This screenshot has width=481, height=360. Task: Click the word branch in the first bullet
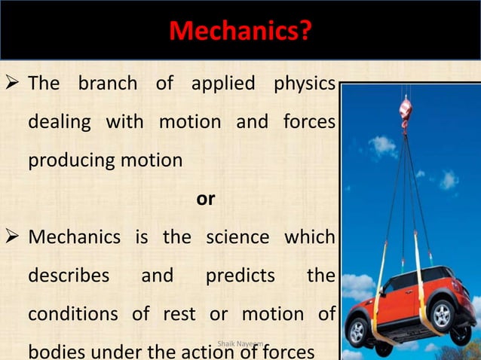pyautogui.click(x=108, y=84)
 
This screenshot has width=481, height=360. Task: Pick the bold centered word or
pyautogui.click(x=205, y=200)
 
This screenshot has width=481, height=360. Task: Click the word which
pyautogui.click(x=309, y=238)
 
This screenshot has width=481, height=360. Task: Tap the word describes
pyautogui.click(x=69, y=276)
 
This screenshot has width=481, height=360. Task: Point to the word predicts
pyautogui.click(x=240, y=276)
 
